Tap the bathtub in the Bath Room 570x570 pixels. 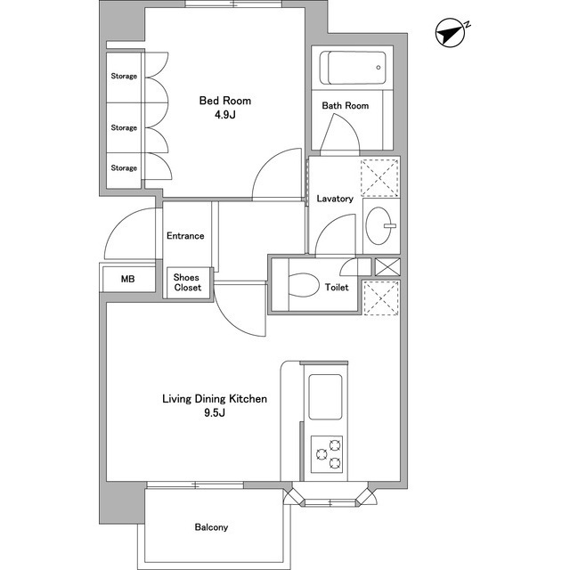click(353, 68)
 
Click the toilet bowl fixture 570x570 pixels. click(304, 285)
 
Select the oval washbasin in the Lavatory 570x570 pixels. click(379, 225)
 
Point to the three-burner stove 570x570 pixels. click(327, 454)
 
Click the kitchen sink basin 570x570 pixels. click(325, 396)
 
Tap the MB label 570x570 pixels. click(128, 279)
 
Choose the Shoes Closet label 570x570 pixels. click(187, 282)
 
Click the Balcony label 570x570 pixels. click(211, 527)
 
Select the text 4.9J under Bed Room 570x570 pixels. click(225, 115)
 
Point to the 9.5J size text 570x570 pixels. click(215, 413)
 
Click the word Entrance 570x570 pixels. click(185, 236)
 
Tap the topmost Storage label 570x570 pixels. click(124, 76)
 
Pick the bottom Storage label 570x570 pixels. click(124, 168)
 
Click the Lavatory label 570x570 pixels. click(335, 199)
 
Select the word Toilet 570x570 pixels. click(337, 287)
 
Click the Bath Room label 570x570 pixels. click(346, 106)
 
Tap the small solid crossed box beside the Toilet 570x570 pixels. click(387, 267)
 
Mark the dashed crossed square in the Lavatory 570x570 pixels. click(379, 178)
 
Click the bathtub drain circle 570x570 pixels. click(379, 68)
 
